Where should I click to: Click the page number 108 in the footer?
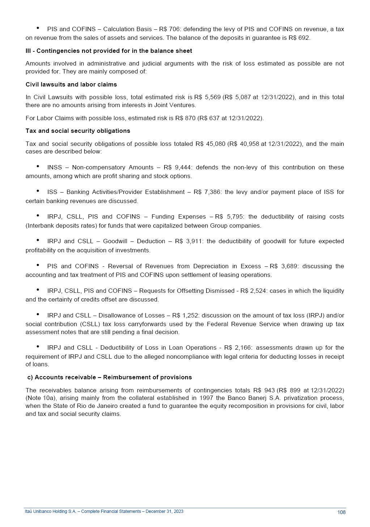click(341, 512)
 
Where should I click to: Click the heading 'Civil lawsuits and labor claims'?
click(71, 84)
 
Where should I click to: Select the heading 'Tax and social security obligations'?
click(78, 131)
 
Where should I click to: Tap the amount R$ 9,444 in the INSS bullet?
click(177, 167)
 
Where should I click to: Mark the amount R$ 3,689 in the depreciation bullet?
click(284, 266)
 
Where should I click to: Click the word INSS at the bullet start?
click(54, 167)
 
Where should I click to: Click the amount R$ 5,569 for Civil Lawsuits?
click(207, 97)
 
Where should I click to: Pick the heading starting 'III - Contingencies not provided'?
click(109, 51)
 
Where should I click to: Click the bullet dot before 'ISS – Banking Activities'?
click(38, 191)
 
